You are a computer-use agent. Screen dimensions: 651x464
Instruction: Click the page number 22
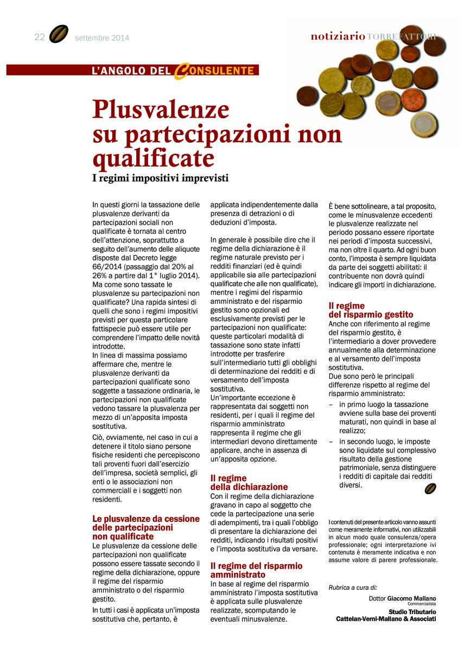[39, 37]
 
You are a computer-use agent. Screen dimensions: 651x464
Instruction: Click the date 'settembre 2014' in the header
[102, 38]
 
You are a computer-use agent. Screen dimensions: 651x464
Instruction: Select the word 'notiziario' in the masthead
[338, 36]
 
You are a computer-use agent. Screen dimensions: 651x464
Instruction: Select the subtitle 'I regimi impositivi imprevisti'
[161, 177]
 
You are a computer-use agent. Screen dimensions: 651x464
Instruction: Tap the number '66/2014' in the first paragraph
[107, 267]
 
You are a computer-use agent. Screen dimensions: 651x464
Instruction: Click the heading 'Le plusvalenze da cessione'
[146, 519]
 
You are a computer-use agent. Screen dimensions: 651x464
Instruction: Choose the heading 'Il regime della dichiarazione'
[249, 482]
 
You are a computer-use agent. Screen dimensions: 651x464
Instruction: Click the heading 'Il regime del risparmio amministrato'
[256, 570]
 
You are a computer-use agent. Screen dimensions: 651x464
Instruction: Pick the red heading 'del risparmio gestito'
[371, 315]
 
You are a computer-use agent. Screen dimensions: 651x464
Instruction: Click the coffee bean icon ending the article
[430, 489]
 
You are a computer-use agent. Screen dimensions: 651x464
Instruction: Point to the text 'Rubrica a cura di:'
[353, 586]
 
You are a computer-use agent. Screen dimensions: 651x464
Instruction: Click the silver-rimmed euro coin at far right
[424, 124]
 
